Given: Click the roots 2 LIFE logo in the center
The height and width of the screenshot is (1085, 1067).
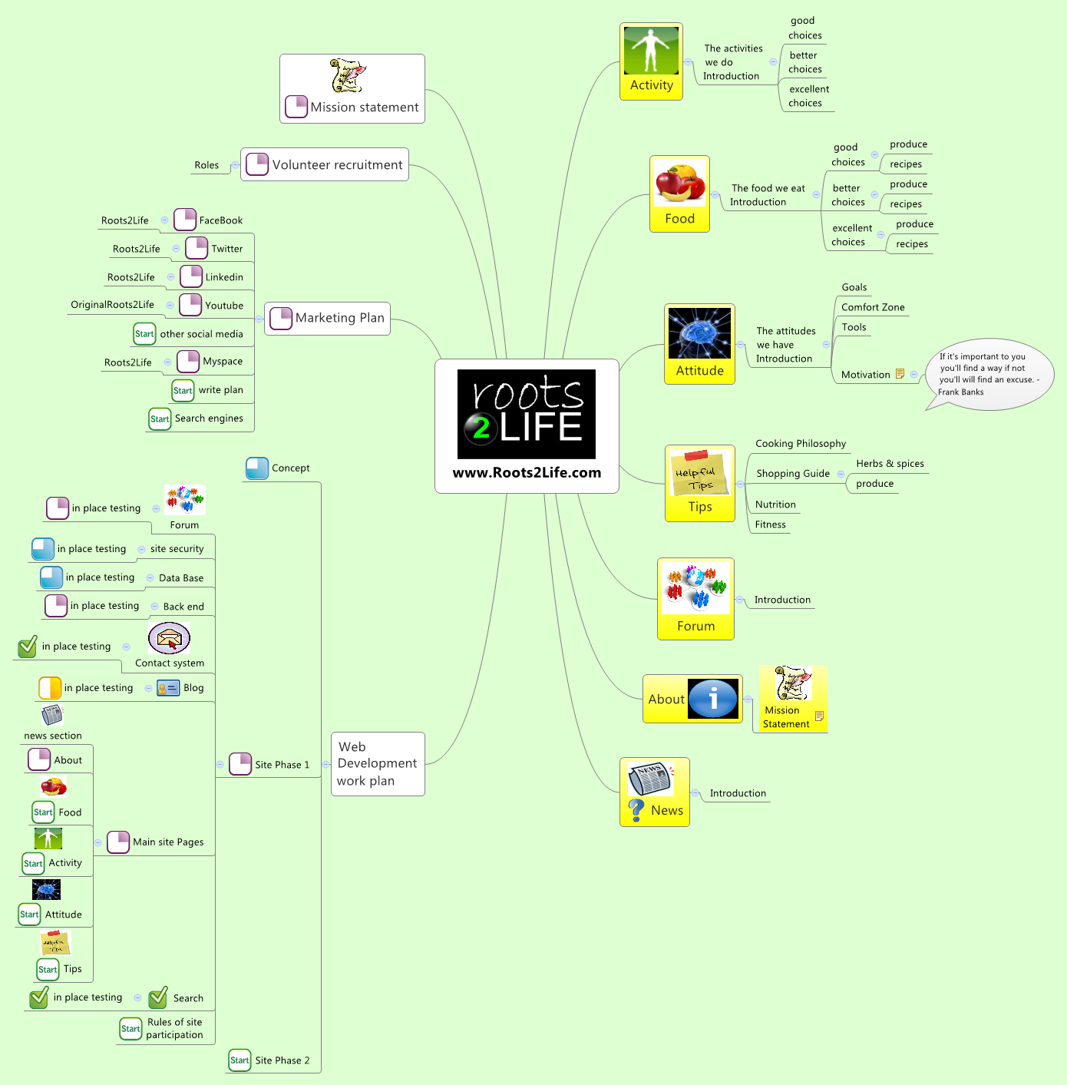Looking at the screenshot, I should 527,414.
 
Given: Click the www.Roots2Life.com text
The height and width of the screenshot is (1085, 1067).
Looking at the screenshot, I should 527,473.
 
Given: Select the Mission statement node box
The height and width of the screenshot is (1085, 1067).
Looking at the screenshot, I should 352,89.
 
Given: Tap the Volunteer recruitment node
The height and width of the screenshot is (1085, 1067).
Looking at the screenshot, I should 325,165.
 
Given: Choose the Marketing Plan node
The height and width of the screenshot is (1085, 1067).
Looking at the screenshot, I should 328,318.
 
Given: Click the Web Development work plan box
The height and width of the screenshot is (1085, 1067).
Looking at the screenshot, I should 378,764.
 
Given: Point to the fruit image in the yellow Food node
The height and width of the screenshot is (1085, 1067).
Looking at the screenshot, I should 679,184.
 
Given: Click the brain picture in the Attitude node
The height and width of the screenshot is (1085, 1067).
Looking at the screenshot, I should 699,333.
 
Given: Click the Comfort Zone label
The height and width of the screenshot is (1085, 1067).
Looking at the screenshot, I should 873,307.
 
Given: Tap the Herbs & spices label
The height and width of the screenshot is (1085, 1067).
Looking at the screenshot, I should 890,464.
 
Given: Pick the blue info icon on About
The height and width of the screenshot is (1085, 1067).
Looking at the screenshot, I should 713,699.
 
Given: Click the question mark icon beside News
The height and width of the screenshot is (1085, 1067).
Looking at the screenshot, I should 636,810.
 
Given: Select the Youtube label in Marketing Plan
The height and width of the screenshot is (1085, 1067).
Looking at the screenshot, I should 224,306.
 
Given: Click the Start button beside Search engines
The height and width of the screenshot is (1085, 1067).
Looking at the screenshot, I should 160,419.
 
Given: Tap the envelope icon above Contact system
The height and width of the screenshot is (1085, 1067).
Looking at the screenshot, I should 169,638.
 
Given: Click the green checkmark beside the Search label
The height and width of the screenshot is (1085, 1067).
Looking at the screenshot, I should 158,997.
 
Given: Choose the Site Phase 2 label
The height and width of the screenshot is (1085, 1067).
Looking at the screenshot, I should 282,1060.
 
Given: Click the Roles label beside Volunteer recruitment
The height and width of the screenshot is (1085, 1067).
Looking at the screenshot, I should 206,165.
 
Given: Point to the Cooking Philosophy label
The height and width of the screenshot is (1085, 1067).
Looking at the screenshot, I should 801,444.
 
